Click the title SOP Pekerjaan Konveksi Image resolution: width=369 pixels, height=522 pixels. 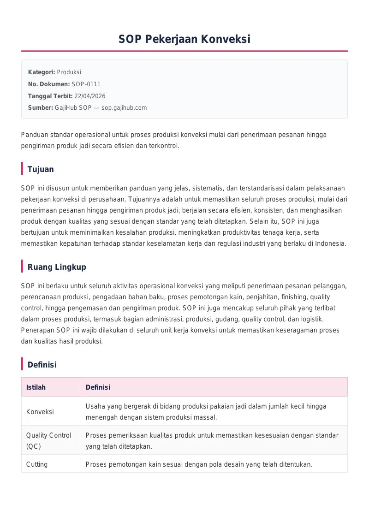(184, 39)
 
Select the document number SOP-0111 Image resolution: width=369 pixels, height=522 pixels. (86, 84)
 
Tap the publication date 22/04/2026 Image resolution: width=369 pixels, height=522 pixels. (89, 96)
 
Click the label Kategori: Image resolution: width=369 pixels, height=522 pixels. (42, 72)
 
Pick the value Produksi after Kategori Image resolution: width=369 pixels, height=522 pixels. (69, 72)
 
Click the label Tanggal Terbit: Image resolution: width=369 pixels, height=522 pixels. (50, 96)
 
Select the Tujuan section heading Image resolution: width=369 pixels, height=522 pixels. (41, 169)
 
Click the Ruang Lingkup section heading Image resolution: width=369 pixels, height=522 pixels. (57, 267)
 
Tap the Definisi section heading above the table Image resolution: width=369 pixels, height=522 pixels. (42, 365)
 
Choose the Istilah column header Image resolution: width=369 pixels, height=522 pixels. (36, 387)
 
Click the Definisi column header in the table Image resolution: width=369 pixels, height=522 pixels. (98, 387)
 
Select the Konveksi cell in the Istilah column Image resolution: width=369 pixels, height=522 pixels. (40, 412)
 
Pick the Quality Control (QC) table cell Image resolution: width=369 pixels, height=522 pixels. (48, 440)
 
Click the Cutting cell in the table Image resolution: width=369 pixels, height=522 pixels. (37, 464)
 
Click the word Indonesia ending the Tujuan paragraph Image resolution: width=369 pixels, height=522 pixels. (330, 243)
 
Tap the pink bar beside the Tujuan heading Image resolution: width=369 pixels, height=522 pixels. (22, 169)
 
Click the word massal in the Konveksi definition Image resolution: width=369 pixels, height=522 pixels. (206, 417)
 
